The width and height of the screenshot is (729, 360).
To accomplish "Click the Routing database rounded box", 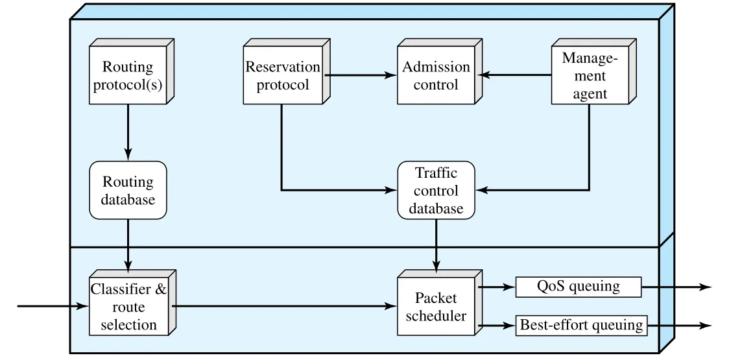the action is point(128,190).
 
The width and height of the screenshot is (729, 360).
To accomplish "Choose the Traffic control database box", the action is point(436,190).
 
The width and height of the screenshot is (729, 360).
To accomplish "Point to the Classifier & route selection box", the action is point(132,302).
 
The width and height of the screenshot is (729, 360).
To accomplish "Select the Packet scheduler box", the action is point(439,302).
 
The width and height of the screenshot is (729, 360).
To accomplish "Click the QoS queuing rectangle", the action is point(579,287).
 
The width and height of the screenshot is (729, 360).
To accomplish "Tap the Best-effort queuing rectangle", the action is point(582,325).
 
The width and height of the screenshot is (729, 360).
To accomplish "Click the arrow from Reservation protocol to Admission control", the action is point(361,75).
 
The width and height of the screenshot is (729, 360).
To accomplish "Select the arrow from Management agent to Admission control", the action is point(516,75).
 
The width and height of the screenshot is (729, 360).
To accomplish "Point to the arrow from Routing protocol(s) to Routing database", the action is point(128,132).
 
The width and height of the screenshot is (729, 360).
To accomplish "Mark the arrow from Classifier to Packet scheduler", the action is point(285,306).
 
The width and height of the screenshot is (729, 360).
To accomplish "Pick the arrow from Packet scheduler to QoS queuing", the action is point(497,287).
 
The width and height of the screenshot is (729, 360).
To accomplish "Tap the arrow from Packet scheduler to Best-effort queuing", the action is point(497,326).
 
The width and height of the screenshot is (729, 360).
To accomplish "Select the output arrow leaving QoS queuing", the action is point(676,287).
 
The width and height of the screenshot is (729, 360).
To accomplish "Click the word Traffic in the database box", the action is point(436,173).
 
